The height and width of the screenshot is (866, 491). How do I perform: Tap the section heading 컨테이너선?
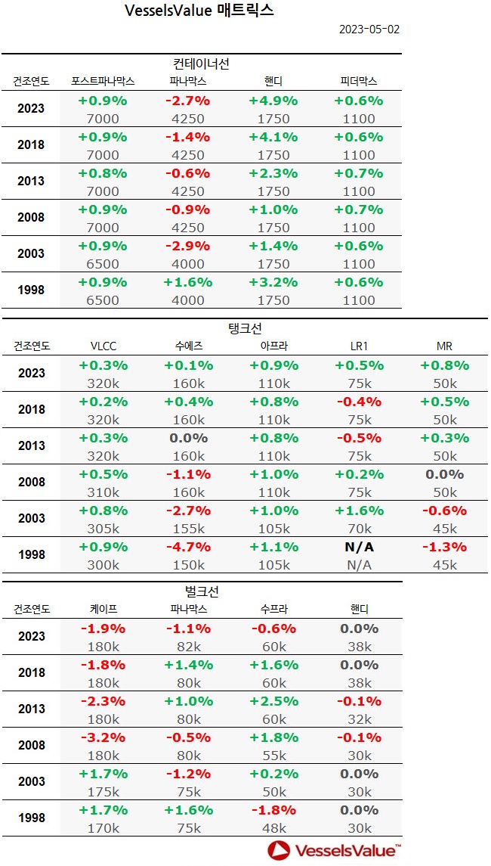tap(201, 64)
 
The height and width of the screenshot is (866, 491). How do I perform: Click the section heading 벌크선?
tap(201, 591)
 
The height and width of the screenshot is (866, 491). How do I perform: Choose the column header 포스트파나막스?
tap(103, 81)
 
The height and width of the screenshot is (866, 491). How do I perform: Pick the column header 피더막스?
tap(358, 81)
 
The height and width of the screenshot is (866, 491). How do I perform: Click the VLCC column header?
tap(103, 346)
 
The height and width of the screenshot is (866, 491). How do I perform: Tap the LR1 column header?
tap(358, 346)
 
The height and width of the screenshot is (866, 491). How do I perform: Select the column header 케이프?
tap(103, 609)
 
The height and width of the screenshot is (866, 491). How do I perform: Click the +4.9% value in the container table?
tap(273, 101)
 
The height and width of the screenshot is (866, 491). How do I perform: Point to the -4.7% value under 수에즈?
tap(188, 547)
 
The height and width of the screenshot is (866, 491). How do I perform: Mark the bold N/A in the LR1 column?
tap(358, 547)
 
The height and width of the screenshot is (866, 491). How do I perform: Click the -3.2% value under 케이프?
tap(103, 737)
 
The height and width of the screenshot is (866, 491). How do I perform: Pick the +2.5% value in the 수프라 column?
tap(273, 701)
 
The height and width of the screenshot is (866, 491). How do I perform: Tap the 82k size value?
tap(188, 647)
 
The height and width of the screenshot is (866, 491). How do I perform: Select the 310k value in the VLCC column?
tap(103, 492)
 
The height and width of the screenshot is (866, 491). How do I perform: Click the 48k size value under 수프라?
tap(273, 828)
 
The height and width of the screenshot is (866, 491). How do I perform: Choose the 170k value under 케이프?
tap(103, 828)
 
